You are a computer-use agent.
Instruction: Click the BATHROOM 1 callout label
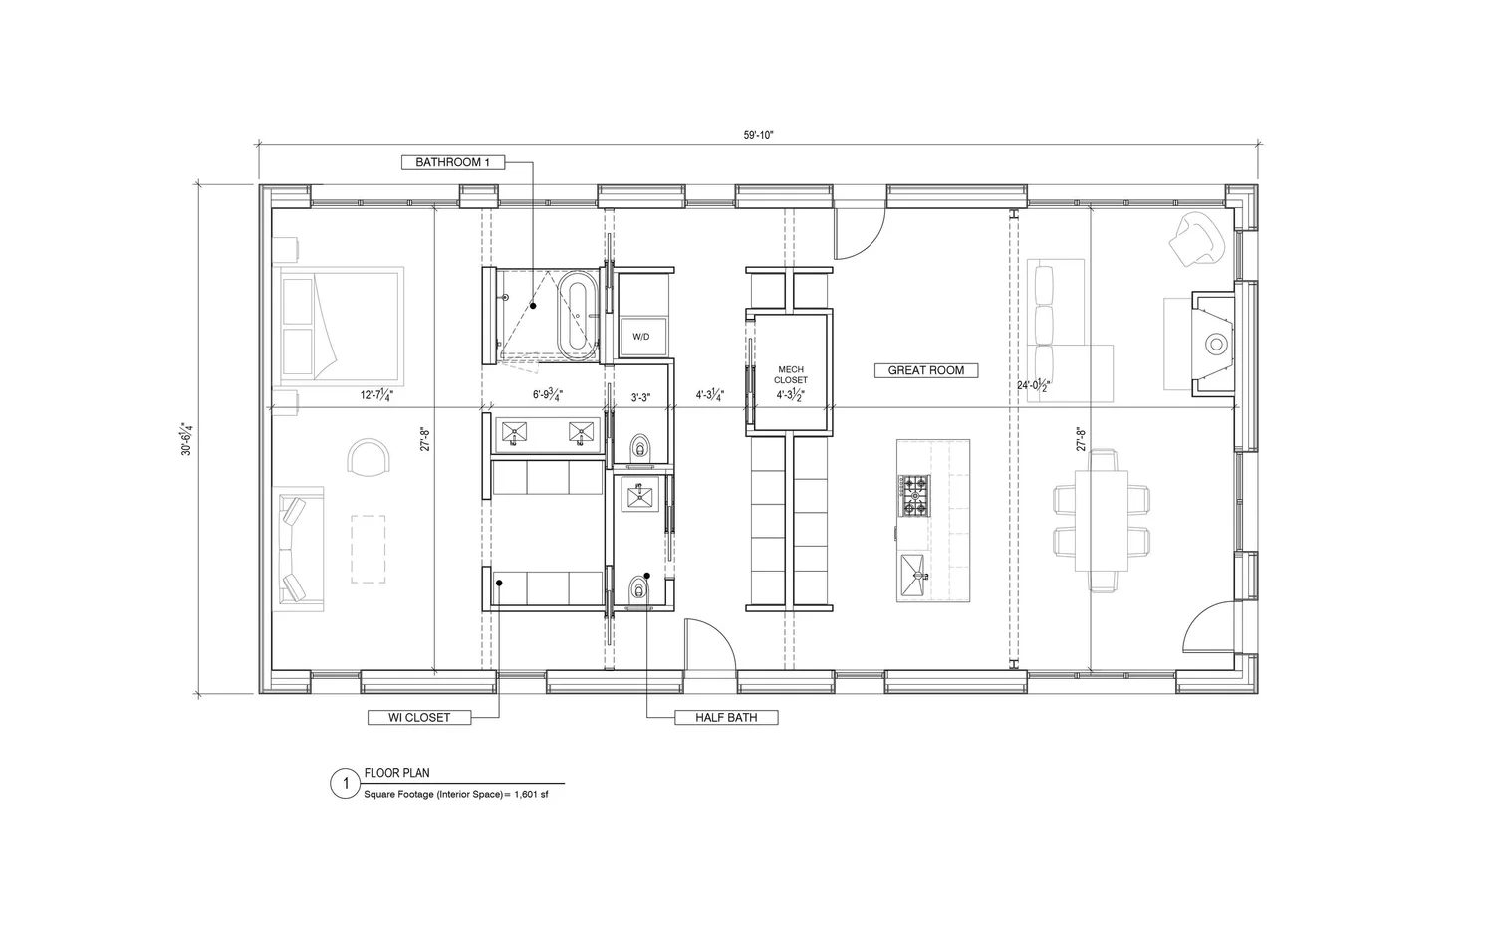pos(453,162)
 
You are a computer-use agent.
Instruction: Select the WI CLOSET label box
pos(418,717)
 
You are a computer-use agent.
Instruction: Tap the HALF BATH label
pos(726,717)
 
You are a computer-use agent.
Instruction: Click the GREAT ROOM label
pos(925,370)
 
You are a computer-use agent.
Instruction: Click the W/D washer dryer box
pos(640,337)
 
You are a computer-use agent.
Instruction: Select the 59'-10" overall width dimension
pos(758,135)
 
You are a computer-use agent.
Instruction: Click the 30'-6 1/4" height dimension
pos(186,439)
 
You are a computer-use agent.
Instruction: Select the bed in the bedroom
pos(341,326)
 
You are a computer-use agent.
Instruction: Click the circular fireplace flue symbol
pos(1216,345)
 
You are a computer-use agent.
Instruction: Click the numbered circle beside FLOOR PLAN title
pos(345,785)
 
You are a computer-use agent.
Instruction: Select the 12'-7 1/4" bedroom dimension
pos(377,395)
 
